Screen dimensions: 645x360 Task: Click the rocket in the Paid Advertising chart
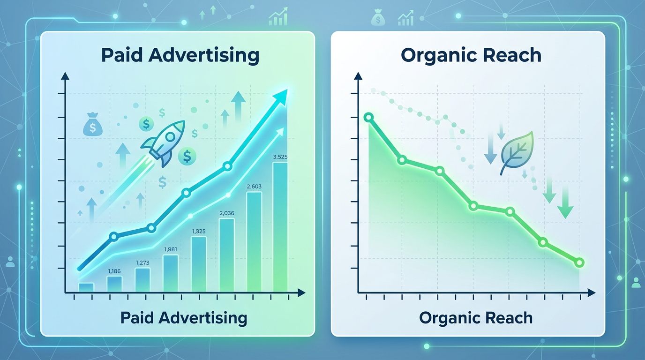coord(163,143)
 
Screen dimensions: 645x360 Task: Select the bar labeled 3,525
coord(280,227)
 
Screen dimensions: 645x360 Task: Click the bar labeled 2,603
coord(254,242)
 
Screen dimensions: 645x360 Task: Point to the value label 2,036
coord(227,213)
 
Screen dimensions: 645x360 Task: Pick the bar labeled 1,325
coord(199,264)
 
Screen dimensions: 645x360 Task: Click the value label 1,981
coord(171,249)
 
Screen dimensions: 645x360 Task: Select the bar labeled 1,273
coord(142,280)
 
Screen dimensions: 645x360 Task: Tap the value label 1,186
coord(114,271)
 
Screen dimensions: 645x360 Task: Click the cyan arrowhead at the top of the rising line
coord(279,97)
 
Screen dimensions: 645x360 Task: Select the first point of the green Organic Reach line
coord(368,118)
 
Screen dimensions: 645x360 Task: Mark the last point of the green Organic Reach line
coord(579,262)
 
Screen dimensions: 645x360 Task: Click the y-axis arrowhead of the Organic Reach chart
coord(358,76)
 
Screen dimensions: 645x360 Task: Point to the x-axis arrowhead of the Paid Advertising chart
coord(301,293)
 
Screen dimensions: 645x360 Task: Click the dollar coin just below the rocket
coord(187,157)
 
